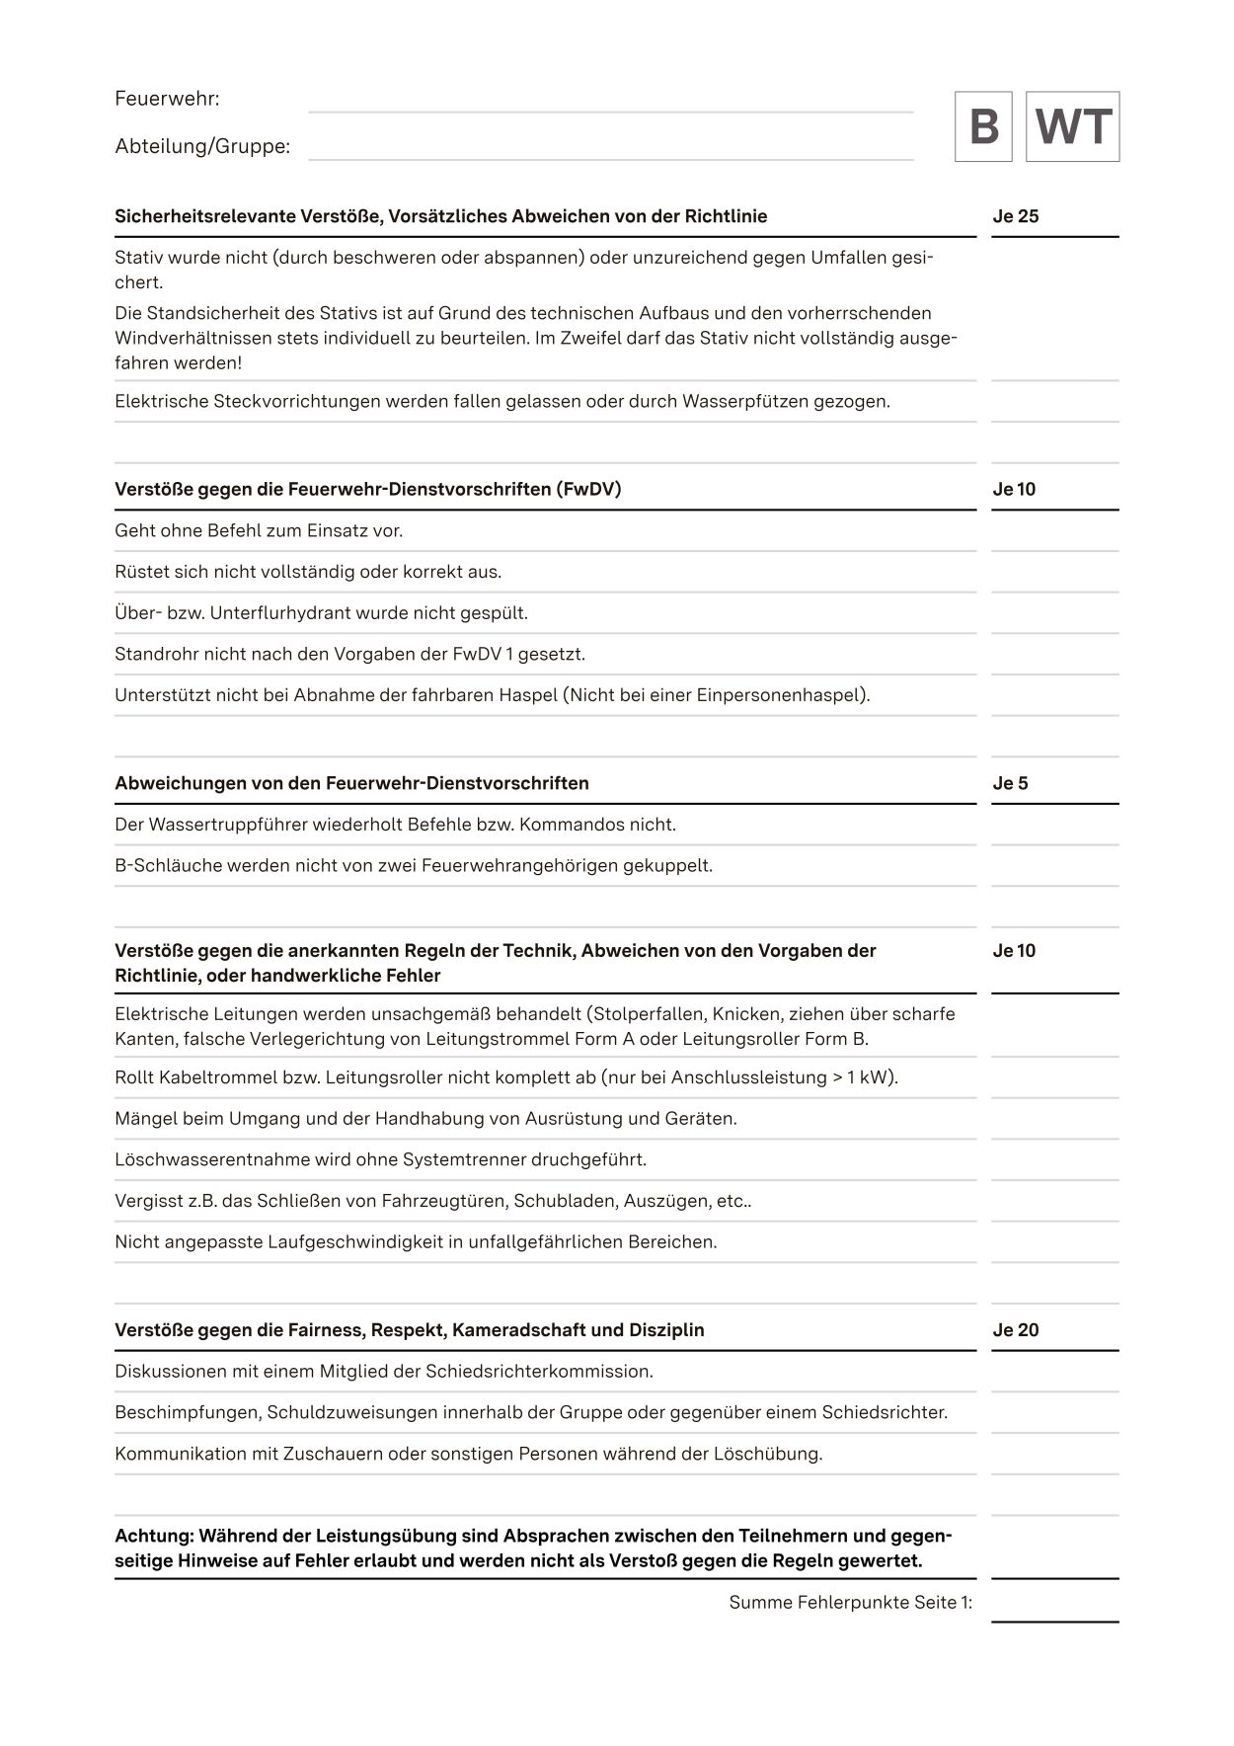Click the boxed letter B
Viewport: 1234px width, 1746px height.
[983, 126]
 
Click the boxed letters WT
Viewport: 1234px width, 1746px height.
[1073, 126]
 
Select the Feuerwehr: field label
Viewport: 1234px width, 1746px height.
[167, 99]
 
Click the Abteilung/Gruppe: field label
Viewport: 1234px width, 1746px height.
[202, 146]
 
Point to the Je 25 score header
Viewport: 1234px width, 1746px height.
[1016, 216]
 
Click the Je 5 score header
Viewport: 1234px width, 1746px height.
[1010, 783]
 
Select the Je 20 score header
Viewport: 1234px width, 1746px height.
[1016, 1330]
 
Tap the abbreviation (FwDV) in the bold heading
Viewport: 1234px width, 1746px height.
[588, 489]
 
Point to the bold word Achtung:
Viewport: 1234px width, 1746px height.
[155, 1536]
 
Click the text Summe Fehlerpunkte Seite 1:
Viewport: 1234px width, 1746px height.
[850, 1603]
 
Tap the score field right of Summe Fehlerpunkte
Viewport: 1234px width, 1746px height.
[1054, 1603]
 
